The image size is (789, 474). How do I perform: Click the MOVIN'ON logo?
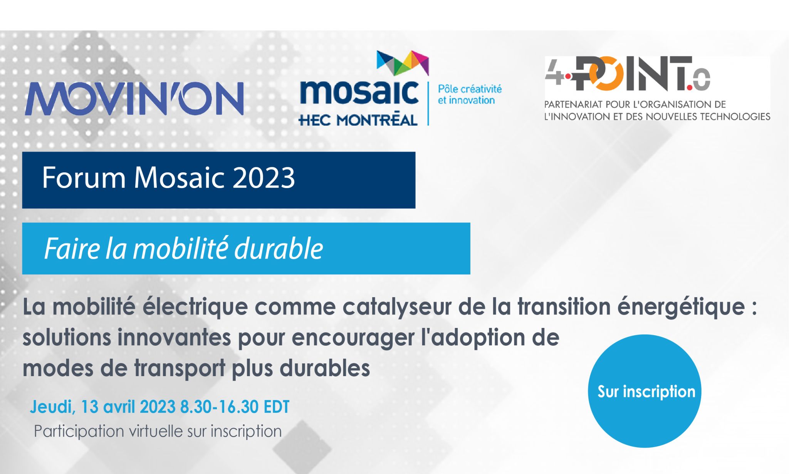click(x=134, y=99)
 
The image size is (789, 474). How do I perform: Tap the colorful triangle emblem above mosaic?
click(x=403, y=63)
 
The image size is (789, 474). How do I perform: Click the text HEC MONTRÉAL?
click(x=358, y=120)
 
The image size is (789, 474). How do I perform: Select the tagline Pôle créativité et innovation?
click(x=470, y=94)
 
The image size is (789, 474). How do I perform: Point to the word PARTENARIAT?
click(x=574, y=104)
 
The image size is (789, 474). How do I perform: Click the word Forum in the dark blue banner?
click(x=84, y=178)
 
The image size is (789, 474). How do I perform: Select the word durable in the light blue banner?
click(x=279, y=249)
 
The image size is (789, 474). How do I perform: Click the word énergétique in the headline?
click(x=681, y=307)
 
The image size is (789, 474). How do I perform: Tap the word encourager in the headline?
click(x=352, y=338)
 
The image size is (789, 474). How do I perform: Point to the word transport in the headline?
click(x=180, y=368)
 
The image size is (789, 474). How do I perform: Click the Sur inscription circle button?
click(x=645, y=391)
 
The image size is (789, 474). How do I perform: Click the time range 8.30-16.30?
click(x=219, y=407)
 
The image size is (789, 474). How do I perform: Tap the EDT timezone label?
click(x=276, y=407)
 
